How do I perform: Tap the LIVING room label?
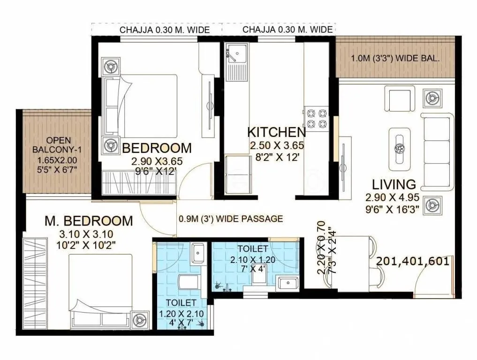pyautogui.click(x=394, y=184)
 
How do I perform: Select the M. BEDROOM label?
pyautogui.click(x=89, y=220)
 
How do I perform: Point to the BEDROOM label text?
pyautogui.click(x=157, y=148)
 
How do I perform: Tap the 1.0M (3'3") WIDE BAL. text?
pyautogui.click(x=395, y=59)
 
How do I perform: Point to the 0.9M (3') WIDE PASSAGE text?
pyautogui.click(x=231, y=218)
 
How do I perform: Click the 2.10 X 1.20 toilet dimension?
pyautogui.click(x=252, y=259)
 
